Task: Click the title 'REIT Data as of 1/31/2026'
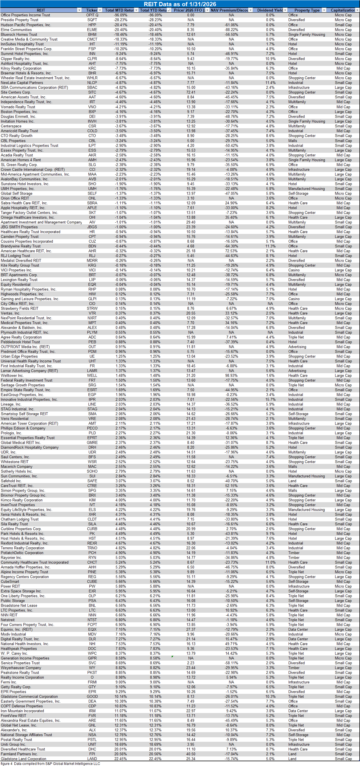pos(180,4)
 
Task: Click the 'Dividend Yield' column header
pos(270,10)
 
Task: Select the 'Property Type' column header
pos(307,10)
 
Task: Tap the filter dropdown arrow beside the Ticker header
pos(100,10)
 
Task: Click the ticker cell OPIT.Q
pos(92,15)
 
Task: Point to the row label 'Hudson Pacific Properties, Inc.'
pos(26,25)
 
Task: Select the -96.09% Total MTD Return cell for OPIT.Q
pos(120,15)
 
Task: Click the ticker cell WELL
pos(92,376)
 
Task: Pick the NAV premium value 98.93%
pos(231,376)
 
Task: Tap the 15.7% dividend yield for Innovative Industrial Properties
pos(270,399)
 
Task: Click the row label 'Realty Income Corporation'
pos(22,678)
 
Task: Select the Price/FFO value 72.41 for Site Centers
pos(191,92)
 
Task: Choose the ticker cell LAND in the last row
pos(92,759)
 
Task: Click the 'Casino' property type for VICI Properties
pos(294,270)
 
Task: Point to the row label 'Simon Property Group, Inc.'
pos(23,491)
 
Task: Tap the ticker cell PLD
pos(92,433)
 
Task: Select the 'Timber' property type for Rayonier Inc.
pos(294,557)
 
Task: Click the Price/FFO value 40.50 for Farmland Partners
pos(191,754)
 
